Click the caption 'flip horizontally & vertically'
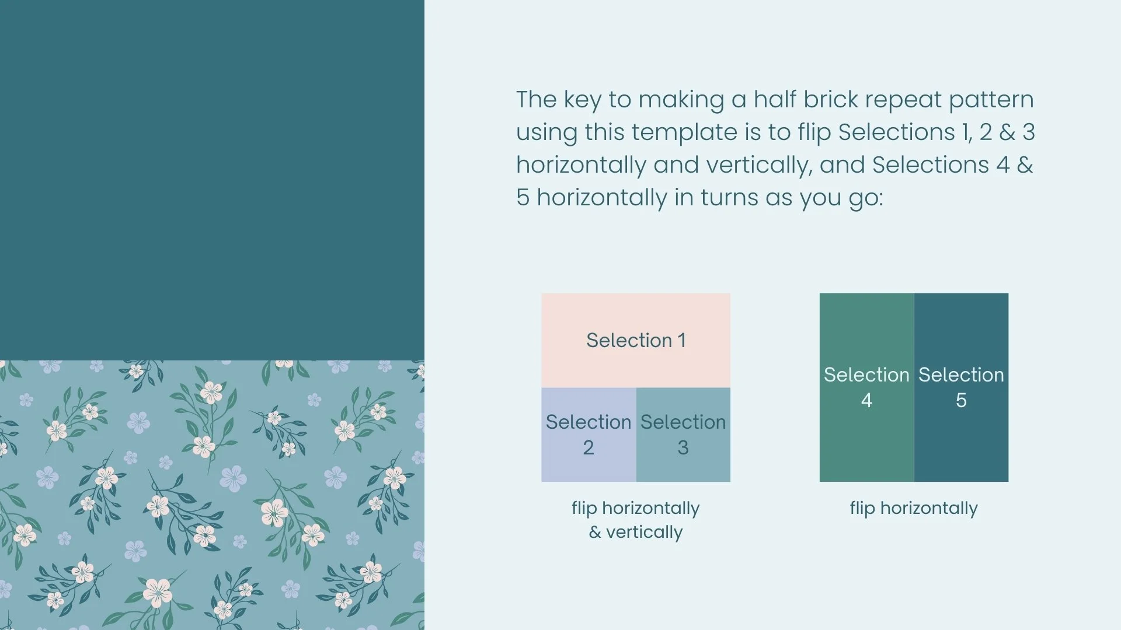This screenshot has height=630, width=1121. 635,520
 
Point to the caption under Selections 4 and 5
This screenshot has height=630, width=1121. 914,508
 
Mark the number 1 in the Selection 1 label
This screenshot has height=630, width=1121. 681,341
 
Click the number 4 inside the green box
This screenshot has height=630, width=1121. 866,401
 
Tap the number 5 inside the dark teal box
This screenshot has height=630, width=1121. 961,401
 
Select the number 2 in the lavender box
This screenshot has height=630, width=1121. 589,448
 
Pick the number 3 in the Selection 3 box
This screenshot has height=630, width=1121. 683,448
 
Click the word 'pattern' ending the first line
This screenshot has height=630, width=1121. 991,100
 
